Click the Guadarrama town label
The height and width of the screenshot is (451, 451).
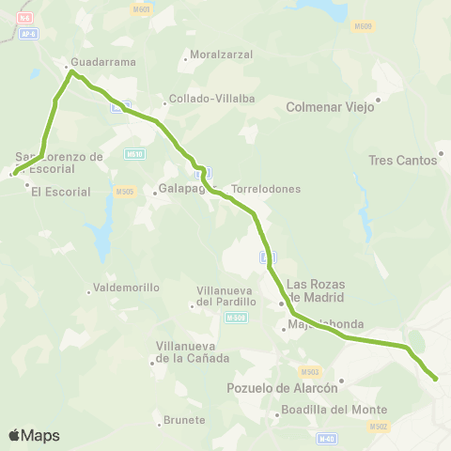[x=104, y=62]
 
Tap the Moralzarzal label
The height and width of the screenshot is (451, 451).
[x=221, y=54]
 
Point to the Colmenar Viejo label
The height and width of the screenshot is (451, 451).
[x=330, y=107]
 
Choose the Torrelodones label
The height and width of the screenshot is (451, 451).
[x=266, y=189]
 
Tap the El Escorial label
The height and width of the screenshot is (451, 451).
[x=60, y=192]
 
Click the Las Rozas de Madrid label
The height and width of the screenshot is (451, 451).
[x=316, y=290]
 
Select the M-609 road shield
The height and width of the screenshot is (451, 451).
[x=364, y=26]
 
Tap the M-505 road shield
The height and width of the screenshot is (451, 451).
[x=125, y=192]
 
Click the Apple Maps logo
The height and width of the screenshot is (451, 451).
[x=34, y=435]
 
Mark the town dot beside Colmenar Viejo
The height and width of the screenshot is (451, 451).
[x=379, y=99]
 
